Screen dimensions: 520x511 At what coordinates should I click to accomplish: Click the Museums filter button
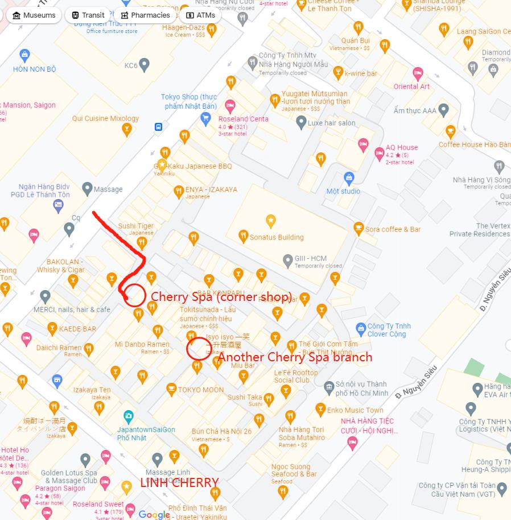(34, 15)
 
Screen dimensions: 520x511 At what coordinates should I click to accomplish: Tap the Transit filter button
(88, 15)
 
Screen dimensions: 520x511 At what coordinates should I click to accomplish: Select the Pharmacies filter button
(145, 15)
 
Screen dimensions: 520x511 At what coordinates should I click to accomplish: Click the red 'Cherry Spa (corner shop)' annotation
(221, 296)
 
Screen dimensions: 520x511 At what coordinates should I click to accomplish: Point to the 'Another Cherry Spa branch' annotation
(295, 357)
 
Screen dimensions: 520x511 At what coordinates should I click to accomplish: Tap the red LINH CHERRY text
(179, 483)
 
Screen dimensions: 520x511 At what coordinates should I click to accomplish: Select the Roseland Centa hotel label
(244, 119)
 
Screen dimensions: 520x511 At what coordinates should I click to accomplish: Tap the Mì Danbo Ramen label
(142, 344)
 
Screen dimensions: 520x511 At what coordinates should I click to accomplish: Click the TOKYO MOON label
(201, 390)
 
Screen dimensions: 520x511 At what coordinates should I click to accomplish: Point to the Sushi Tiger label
(136, 226)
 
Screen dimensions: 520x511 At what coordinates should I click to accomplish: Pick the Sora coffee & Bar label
(393, 229)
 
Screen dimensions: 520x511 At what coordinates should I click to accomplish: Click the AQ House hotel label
(402, 147)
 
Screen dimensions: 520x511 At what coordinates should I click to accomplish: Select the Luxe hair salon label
(331, 122)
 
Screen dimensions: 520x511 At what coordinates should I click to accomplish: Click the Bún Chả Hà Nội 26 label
(221, 431)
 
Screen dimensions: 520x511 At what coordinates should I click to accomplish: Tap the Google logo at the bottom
(154, 514)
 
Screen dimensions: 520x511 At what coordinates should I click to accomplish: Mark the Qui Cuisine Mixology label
(105, 118)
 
